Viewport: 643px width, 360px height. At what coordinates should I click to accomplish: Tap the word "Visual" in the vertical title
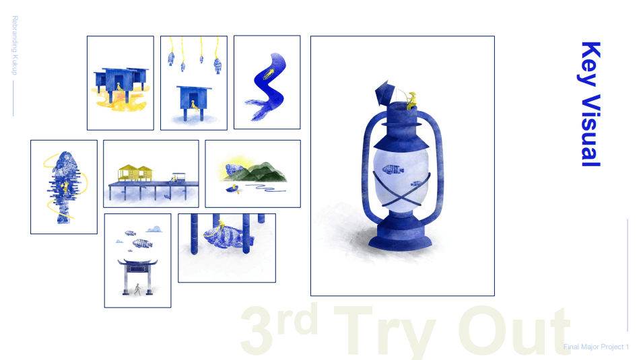point(591,131)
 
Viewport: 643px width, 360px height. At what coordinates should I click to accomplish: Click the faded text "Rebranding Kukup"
point(15,46)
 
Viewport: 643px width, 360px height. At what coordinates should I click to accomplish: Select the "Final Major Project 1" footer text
point(596,347)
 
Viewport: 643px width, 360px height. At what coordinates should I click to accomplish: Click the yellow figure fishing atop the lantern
point(411,101)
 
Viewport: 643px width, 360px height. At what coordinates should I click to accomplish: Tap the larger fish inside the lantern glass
point(393,170)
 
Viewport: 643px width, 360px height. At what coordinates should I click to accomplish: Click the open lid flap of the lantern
point(384,92)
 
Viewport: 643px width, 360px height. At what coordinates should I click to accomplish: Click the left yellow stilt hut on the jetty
point(127,173)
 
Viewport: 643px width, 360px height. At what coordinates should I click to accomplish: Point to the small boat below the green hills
point(233,188)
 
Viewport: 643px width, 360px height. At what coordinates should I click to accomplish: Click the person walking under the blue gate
point(138,289)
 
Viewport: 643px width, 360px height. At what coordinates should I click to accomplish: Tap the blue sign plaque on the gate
point(137,269)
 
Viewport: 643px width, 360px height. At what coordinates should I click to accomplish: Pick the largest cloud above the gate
point(154,229)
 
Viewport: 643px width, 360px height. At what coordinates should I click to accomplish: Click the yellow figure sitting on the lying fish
point(222,226)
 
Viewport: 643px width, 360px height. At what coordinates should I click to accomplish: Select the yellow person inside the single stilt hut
point(195,106)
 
